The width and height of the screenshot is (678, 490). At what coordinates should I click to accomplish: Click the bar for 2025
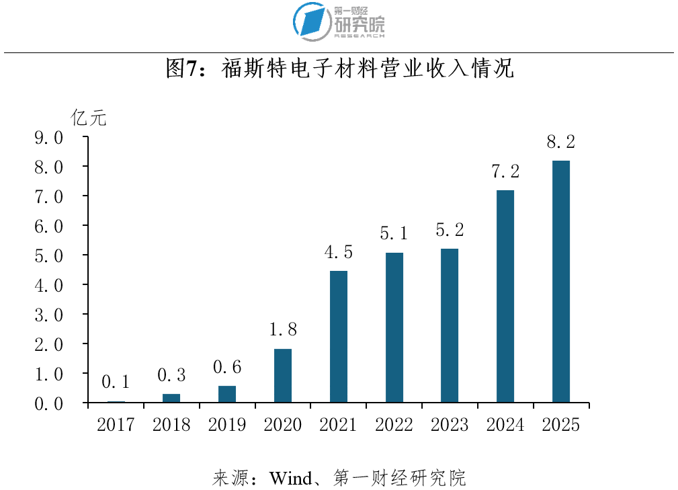pos(561,282)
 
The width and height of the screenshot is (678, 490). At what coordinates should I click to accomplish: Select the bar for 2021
pos(339,337)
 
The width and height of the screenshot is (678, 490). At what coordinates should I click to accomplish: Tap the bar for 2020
pos(283,376)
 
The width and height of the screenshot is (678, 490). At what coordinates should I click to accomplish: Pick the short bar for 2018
pos(171,399)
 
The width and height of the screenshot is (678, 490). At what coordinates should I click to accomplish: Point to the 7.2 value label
pos(505,171)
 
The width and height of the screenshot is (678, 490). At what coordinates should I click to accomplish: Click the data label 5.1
pos(394,233)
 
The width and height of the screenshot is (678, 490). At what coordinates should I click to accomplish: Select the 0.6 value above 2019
pos(227,367)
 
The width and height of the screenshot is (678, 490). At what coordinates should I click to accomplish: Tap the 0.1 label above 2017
pos(116,382)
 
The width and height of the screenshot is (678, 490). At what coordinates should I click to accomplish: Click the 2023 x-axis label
pos(450,425)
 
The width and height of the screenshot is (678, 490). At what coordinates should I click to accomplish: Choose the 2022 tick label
pos(394,425)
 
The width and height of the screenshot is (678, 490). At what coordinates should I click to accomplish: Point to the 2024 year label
pos(505,425)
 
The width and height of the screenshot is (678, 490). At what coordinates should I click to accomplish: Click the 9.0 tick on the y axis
pos(49,138)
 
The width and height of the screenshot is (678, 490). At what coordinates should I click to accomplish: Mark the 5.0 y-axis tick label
pos(49,256)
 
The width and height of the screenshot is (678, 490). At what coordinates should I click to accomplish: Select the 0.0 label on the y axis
pos(49,404)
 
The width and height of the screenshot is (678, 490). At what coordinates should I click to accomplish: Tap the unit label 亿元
pos(89,118)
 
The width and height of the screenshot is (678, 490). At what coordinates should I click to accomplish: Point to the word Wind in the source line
pos(290,479)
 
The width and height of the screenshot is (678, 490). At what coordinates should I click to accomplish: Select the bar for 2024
pos(505,296)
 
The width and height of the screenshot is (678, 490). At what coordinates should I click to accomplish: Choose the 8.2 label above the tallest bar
pos(561,142)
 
